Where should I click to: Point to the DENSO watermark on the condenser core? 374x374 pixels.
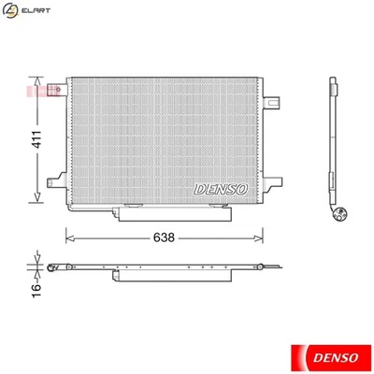coord(221,188)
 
